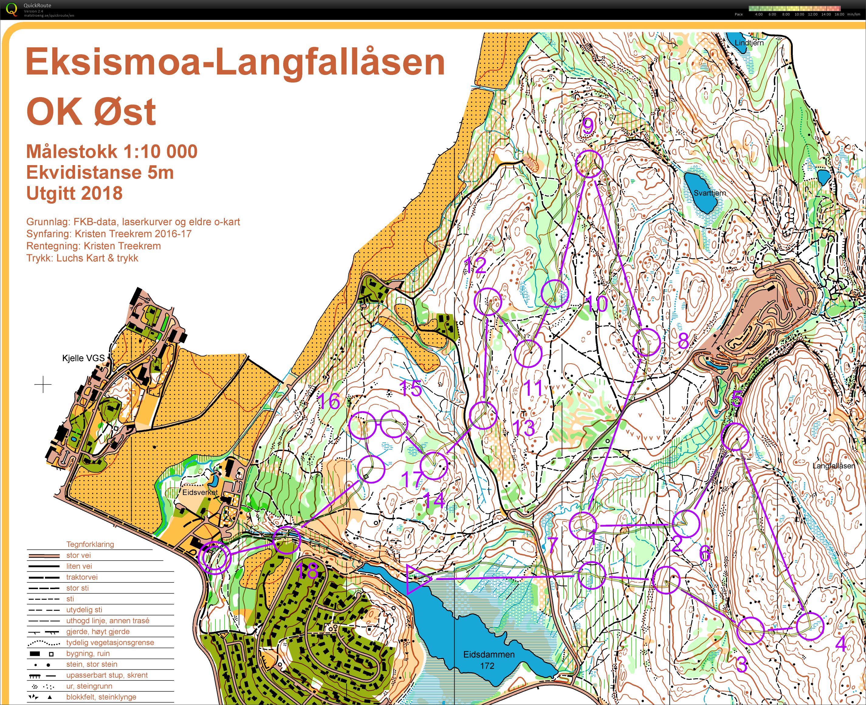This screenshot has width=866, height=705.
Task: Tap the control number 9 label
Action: point(588,126)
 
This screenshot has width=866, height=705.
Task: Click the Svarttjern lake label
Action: point(710,193)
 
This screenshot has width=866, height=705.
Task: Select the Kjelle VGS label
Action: point(83,358)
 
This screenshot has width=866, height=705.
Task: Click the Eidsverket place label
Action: point(200,492)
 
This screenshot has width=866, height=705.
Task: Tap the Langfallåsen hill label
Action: point(833,466)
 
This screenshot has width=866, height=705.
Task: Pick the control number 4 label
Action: point(840,644)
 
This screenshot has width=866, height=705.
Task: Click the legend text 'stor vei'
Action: point(78,555)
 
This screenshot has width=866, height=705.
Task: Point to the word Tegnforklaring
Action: point(90,544)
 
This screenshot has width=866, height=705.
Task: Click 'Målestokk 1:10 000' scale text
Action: point(112,151)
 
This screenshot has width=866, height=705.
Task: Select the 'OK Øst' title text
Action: point(91,112)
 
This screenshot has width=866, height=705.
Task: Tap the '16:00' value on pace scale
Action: point(839,14)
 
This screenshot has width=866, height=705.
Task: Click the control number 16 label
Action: point(329,402)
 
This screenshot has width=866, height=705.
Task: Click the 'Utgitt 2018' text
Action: point(74,193)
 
